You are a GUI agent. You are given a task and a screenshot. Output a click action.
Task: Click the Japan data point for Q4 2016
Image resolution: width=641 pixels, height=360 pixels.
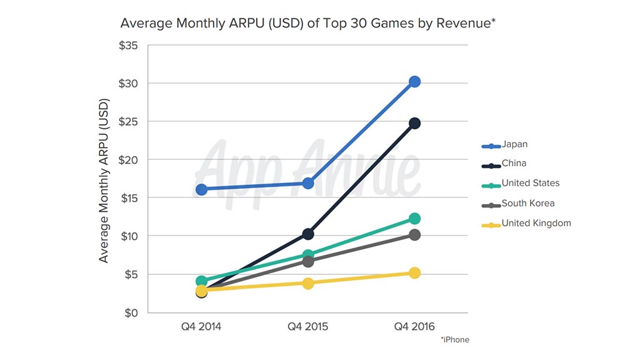[x=414, y=81]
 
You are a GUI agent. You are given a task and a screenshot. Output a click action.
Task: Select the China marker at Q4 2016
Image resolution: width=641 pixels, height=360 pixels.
[x=414, y=123]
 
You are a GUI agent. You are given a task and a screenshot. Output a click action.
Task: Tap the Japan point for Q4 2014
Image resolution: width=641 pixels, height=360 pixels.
[x=202, y=189]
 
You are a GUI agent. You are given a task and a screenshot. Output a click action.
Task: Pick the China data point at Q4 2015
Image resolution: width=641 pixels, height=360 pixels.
[x=308, y=234]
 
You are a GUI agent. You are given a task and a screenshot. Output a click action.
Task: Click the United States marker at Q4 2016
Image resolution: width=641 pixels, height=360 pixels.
[x=414, y=219]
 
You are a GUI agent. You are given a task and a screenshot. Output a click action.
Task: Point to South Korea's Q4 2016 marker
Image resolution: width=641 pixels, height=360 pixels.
[x=414, y=235]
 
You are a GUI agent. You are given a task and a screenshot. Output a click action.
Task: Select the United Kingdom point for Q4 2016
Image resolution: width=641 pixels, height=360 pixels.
[x=414, y=273]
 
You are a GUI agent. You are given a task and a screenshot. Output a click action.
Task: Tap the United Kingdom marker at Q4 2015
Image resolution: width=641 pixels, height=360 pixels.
[x=308, y=283]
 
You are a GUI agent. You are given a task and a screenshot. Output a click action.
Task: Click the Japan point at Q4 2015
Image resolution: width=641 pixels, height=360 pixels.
[x=308, y=183]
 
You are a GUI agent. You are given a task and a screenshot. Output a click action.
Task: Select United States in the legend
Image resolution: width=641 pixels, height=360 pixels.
[x=530, y=183]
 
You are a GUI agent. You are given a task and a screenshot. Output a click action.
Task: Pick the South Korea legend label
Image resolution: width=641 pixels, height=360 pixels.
[x=528, y=203]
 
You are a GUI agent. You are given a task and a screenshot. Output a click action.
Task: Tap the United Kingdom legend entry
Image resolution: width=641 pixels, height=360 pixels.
[x=536, y=224]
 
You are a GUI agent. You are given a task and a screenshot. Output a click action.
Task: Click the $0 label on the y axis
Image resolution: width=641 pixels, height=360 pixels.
[x=131, y=313]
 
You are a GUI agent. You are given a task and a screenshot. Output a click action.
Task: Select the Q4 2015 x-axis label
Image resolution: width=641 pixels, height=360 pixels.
[x=308, y=327]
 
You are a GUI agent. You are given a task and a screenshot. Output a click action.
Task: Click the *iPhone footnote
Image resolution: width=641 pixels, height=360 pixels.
[x=454, y=340]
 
